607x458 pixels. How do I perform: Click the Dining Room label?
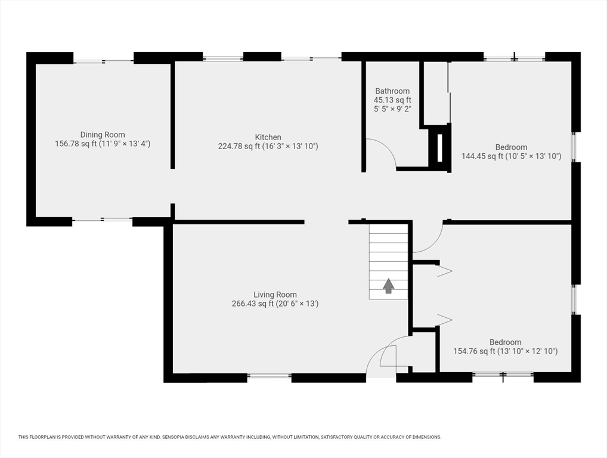coord(103,135)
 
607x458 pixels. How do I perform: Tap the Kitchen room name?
coord(268,137)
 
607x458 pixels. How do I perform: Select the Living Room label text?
coord(275,295)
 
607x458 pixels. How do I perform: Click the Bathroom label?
coord(392,91)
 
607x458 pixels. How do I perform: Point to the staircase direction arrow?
coord(389,286)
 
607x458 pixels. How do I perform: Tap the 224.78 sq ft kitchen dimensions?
coord(268,146)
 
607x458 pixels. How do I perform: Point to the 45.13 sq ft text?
coord(392,100)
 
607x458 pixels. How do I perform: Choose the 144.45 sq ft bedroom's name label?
coord(511,147)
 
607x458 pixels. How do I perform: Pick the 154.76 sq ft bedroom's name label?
coord(505,342)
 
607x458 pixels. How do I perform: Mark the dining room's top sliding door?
coord(104,61)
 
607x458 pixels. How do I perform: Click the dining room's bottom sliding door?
coord(102,219)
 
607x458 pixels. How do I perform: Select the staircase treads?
coord(388,261)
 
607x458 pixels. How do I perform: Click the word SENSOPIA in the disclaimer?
coord(174,437)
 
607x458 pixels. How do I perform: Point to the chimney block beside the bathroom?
coord(439,148)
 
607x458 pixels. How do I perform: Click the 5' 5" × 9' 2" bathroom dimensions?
coord(392,109)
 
